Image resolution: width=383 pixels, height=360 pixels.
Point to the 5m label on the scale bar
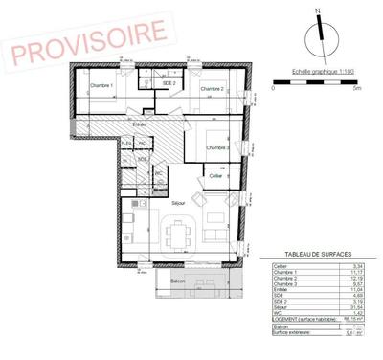[x=356, y=88]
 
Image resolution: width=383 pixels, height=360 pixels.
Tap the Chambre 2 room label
[x=212, y=89]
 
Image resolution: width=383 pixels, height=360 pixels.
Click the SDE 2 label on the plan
[x=169, y=83]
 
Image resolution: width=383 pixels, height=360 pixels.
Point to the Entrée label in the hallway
[x=139, y=125]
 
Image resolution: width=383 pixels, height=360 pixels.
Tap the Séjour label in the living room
[x=177, y=204]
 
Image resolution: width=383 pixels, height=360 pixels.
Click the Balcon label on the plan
[x=177, y=281]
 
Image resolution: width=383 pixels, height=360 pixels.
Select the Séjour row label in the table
[x=281, y=306]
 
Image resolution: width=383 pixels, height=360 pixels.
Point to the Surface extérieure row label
[x=293, y=334]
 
